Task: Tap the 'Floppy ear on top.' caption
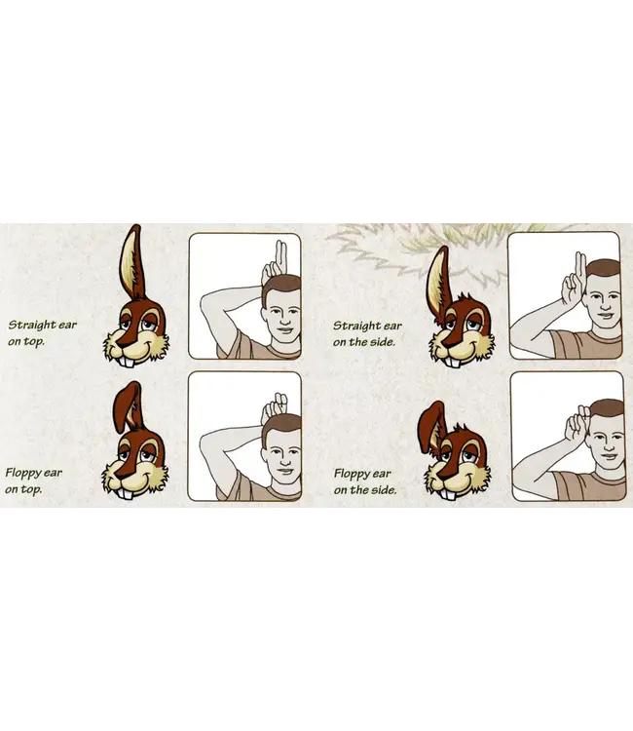click(35, 480)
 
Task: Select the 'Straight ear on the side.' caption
click(366, 332)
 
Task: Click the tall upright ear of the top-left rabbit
click(131, 263)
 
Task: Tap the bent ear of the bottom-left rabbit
click(127, 404)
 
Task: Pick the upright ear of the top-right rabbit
click(439, 278)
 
